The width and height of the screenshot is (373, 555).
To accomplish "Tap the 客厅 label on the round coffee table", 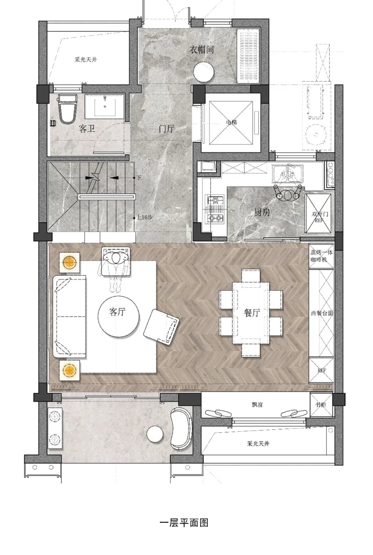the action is tap(117, 312).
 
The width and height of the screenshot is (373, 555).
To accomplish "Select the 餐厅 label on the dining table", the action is tap(252, 313).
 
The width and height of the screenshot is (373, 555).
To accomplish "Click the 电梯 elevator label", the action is tap(231, 122).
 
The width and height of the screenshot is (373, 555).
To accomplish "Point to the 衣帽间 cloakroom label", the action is tap(201, 50).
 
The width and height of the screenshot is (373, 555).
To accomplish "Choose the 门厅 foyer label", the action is tap(167, 129).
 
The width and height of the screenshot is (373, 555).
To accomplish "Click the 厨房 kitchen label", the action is tap(262, 212).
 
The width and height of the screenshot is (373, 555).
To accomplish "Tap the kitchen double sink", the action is tap(287, 174).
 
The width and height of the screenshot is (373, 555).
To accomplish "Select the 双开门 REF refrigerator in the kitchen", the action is tap(318, 213).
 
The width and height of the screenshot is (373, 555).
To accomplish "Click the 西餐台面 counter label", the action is tap(322, 313).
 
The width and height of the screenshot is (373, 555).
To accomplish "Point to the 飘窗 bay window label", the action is tap(257, 405).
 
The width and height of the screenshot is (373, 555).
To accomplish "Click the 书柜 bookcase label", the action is tap(321, 405).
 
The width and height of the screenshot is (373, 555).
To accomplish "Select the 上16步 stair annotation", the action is tap(145, 217).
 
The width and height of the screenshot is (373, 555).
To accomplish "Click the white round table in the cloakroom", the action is tap(204, 71).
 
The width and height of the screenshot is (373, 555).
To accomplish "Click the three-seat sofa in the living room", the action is tap(70, 317).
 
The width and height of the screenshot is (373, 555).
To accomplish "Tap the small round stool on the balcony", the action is tap(155, 434).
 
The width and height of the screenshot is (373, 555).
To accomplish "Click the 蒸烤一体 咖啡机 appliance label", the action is tap(322, 256).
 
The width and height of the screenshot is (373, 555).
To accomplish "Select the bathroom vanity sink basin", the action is tap(104, 105).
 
